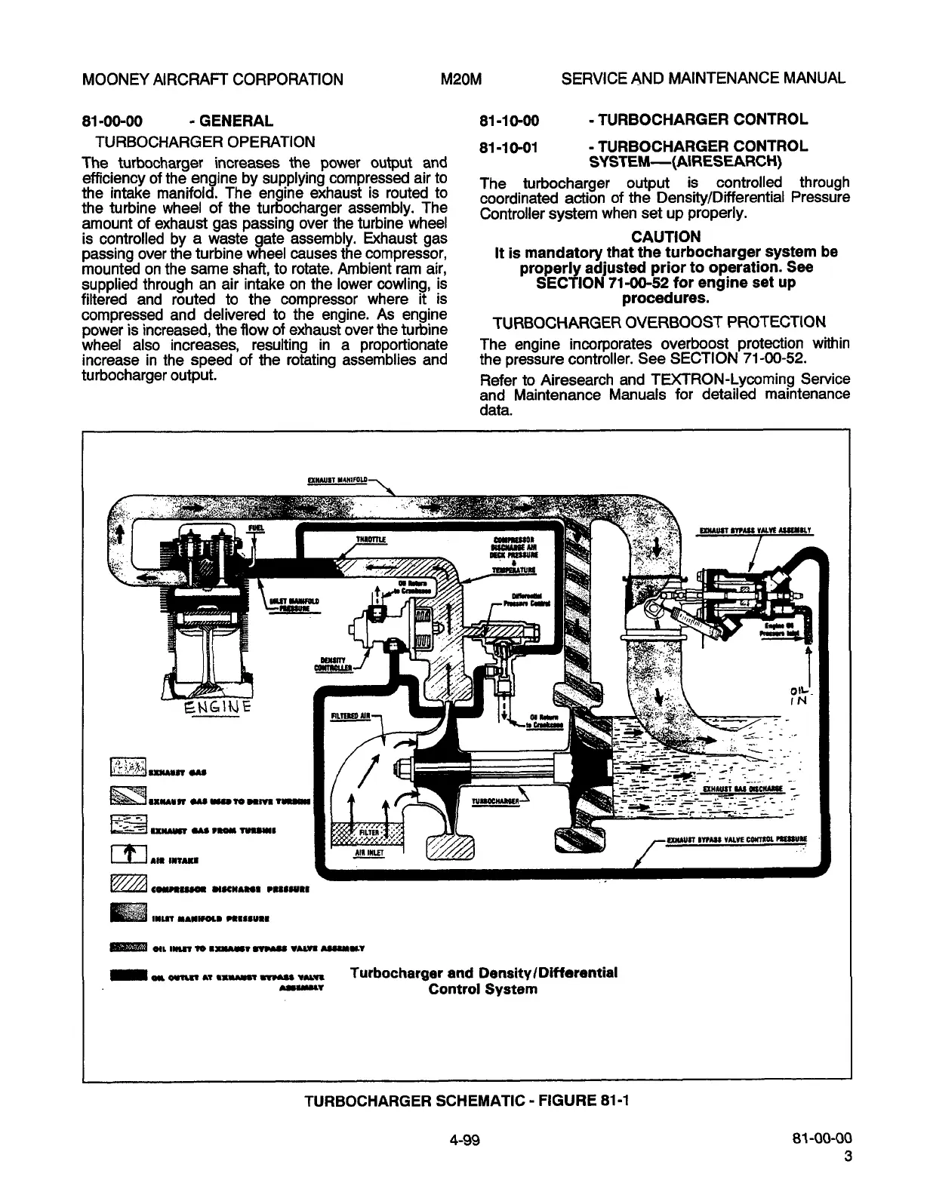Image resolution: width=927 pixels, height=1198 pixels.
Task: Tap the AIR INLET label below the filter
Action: point(370,852)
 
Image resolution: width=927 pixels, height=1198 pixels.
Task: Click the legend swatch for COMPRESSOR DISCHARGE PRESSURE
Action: point(122,884)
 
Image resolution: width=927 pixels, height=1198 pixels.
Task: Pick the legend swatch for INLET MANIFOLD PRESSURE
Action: point(122,914)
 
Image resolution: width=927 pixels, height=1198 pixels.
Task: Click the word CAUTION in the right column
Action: point(664,236)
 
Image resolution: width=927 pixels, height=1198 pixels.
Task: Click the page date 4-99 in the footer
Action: point(463,1139)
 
